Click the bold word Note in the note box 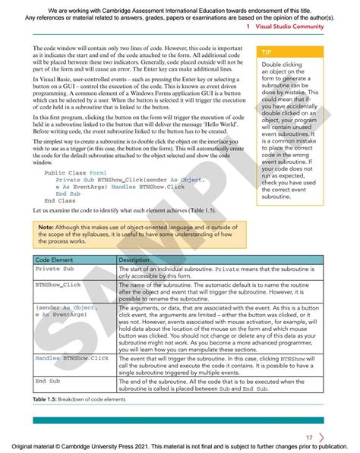[x=46, y=227]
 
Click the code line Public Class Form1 [x=76, y=173]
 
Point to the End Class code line [x=61, y=200]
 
